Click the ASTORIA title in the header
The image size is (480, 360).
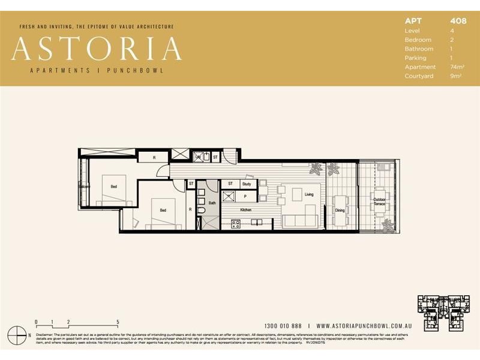click(x=96, y=49)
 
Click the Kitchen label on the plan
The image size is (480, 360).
click(x=246, y=210)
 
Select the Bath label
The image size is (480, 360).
click(x=212, y=203)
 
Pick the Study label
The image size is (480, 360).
click(x=246, y=184)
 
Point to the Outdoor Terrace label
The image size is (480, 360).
click(x=379, y=202)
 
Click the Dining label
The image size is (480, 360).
click(x=340, y=211)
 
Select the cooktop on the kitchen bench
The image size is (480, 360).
click(x=236, y=224)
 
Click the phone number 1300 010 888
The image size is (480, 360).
click(x=283, y=325)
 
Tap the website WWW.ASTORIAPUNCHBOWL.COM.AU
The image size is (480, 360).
click(x=363, y=325)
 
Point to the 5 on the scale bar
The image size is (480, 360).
click(x=118, y=322)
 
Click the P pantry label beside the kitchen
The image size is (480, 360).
click(x=245, y=196)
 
